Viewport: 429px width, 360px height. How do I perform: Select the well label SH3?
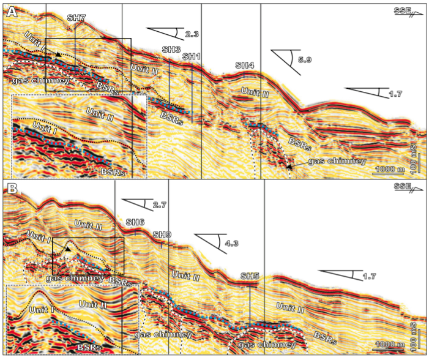171,48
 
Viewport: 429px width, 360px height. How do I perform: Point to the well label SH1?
192,56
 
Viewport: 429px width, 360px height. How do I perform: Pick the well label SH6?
135,222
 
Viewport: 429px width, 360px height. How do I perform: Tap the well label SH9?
162,234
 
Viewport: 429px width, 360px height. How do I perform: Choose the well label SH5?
250,276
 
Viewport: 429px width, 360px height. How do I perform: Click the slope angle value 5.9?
304,60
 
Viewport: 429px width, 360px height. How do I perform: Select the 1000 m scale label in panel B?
389,345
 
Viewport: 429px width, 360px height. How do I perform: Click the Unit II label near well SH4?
255,92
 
